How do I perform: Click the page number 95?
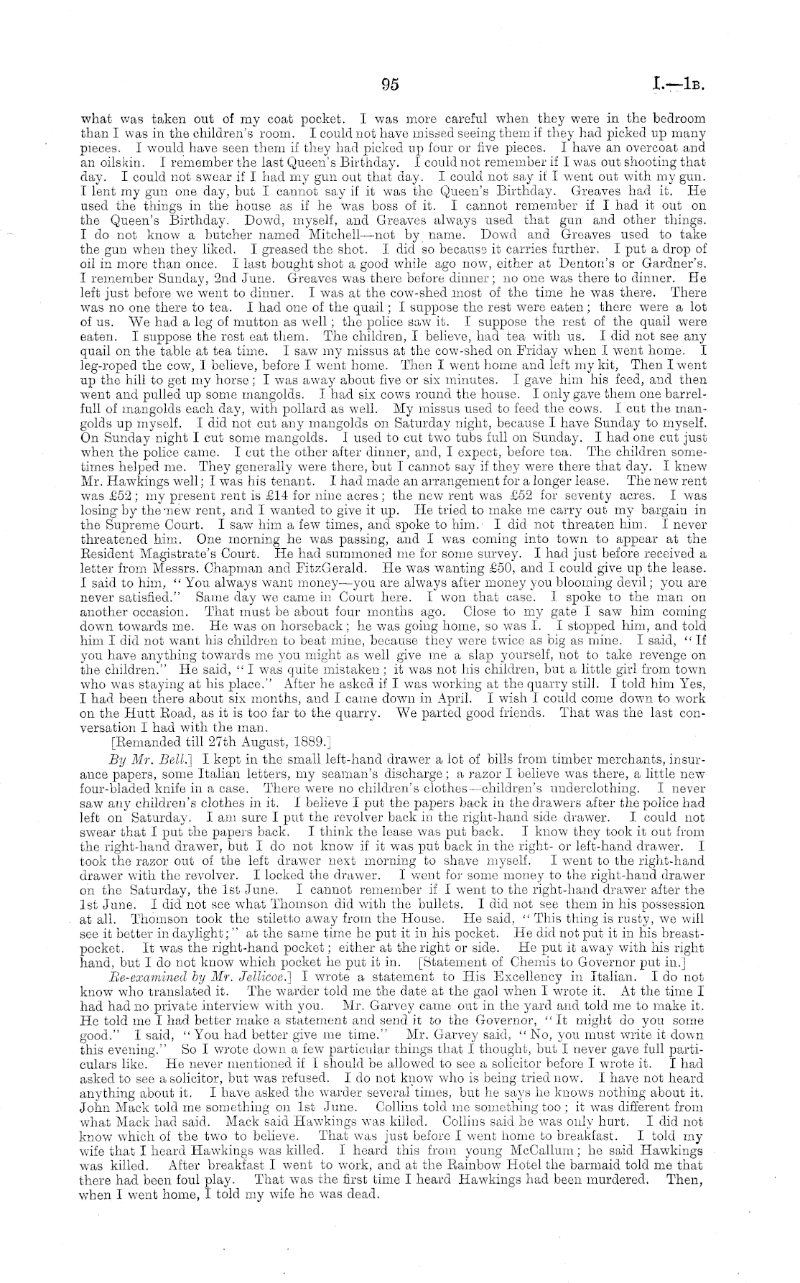(x=390, y=84)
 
